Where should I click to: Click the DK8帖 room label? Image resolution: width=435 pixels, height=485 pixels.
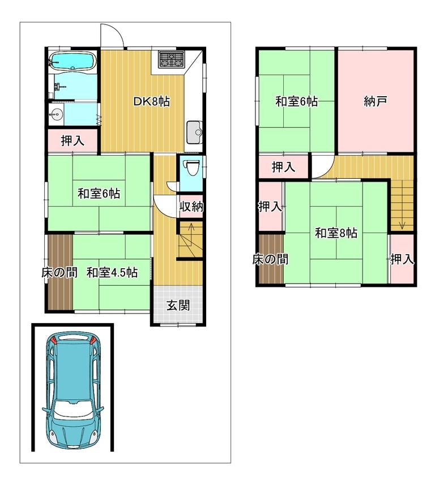tap(151, 101)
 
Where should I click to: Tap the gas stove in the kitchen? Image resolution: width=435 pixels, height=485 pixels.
tap(171, 59)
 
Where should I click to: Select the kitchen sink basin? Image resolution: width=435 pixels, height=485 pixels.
tap(194, 132)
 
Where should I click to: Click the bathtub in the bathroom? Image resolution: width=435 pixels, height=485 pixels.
tap(72, 61)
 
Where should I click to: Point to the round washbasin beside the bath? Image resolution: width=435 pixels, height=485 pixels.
tap(56, 114)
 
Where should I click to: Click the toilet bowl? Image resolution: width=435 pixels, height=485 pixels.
tap(193, 168)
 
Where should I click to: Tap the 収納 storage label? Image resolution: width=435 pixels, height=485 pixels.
tap(191, 207)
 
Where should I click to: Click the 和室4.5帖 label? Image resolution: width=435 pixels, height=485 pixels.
tap(112, 273)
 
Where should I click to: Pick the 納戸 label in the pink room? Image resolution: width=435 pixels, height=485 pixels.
tap(376, 101)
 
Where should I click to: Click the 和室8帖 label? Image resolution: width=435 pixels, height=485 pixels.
tap(336, 233)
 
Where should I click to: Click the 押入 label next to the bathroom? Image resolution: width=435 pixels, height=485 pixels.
tap(72, 141)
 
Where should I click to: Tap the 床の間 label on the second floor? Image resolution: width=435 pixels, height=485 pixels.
tap(270, 259)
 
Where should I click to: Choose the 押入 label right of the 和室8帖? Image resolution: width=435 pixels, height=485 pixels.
tap(402, 259)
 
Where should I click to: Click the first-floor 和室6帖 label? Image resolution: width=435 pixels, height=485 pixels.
tap(99, 194)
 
